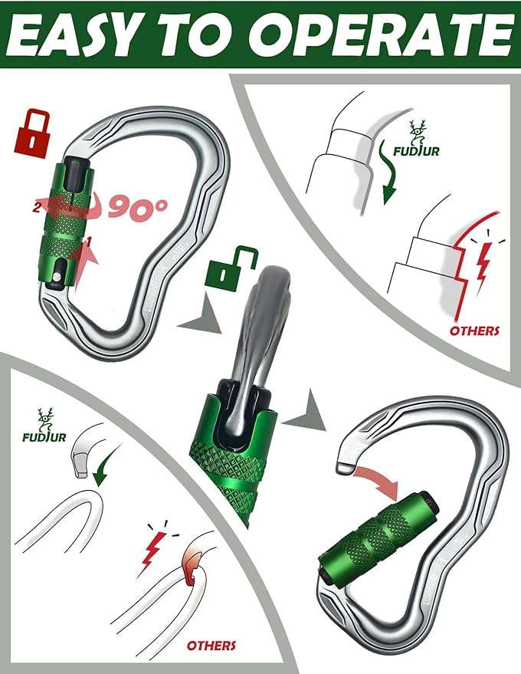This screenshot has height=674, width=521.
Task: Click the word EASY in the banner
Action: point(80,35)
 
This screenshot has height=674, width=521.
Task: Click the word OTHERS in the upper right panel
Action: point(473,331)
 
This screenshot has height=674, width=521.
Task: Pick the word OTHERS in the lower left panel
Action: point(211,646)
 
